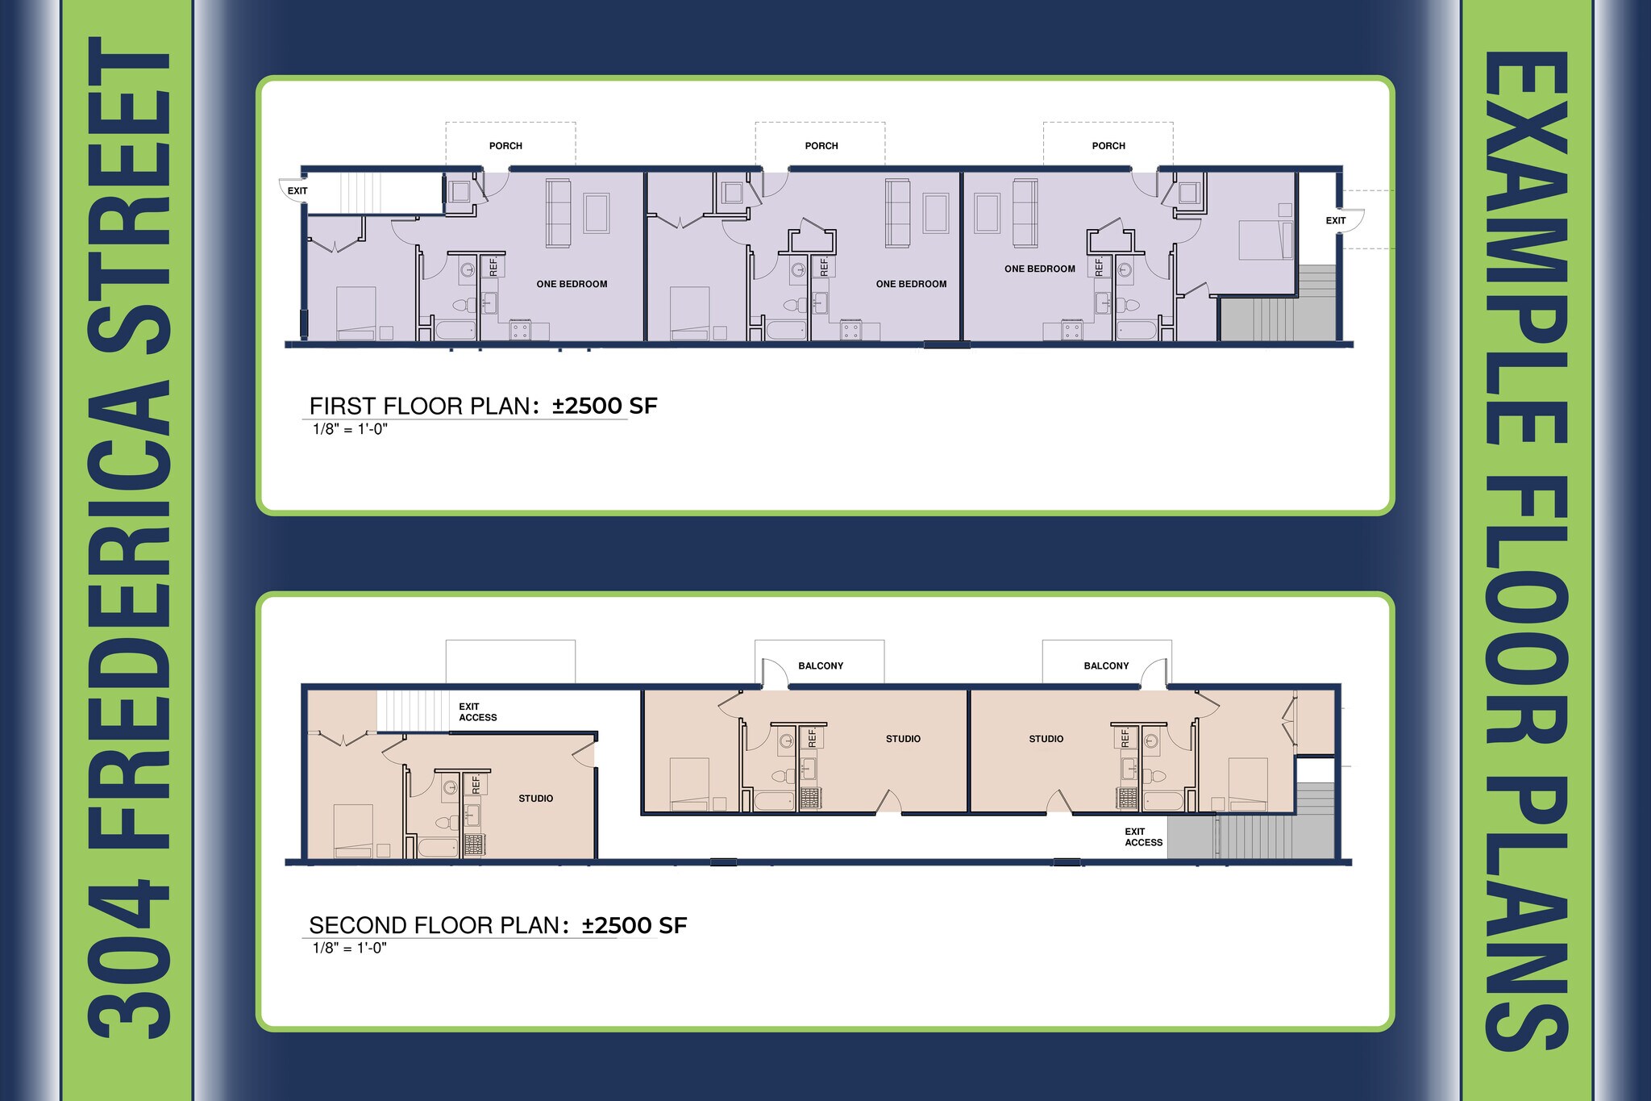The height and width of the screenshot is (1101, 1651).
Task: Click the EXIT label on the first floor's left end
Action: [297, 191]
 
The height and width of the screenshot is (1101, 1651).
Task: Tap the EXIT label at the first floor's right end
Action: [1336, 221]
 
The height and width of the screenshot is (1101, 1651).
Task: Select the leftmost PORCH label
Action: [505, 146]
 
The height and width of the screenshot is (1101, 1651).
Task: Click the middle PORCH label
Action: [821, 146]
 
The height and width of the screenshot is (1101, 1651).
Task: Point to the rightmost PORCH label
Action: [1108, 146]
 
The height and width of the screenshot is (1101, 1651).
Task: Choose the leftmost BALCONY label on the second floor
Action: [821, 666]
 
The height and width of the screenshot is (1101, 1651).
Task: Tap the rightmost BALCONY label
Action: [1106, 666]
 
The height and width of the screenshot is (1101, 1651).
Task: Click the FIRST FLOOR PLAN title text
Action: [483, 406]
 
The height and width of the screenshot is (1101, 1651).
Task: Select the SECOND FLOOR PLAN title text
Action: [498, 925]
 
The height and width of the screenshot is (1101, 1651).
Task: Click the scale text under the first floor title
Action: [350, 429]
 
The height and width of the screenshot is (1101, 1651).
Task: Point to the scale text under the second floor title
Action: [350, 948]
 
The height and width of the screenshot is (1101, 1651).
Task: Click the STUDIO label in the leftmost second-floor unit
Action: [536, 799]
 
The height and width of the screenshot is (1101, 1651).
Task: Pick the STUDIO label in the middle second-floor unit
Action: [903, 739]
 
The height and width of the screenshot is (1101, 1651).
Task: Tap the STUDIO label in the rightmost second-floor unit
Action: [1046, 739]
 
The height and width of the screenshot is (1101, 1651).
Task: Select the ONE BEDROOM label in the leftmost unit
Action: [572, 284]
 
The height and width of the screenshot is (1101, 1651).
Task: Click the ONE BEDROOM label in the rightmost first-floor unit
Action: [1040, 269]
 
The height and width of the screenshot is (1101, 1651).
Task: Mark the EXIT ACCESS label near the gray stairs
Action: [1144, 837]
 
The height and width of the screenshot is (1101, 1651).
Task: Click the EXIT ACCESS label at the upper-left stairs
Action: [478, 712]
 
